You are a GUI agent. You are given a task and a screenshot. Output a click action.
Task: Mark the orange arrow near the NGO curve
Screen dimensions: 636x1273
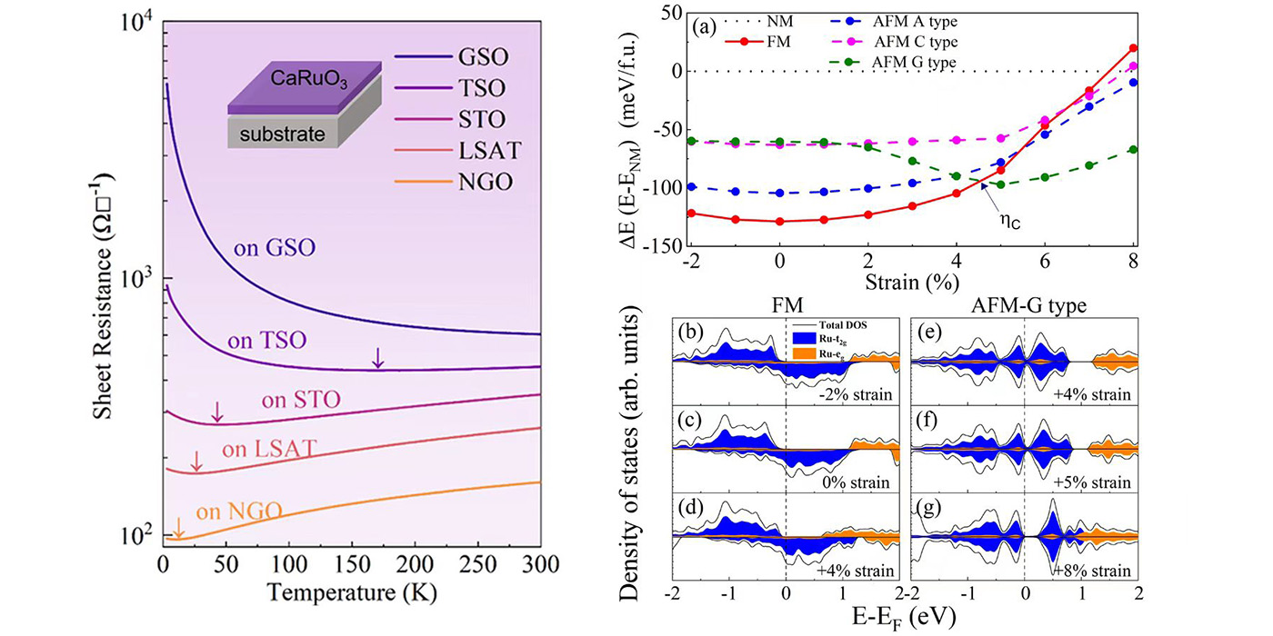click(x=179, y=526)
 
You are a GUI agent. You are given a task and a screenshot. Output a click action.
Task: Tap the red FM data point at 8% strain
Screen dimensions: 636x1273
click(x=1133, y=48)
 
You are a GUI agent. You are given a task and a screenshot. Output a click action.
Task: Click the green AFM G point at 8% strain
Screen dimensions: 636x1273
click(x=1133, y=150)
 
